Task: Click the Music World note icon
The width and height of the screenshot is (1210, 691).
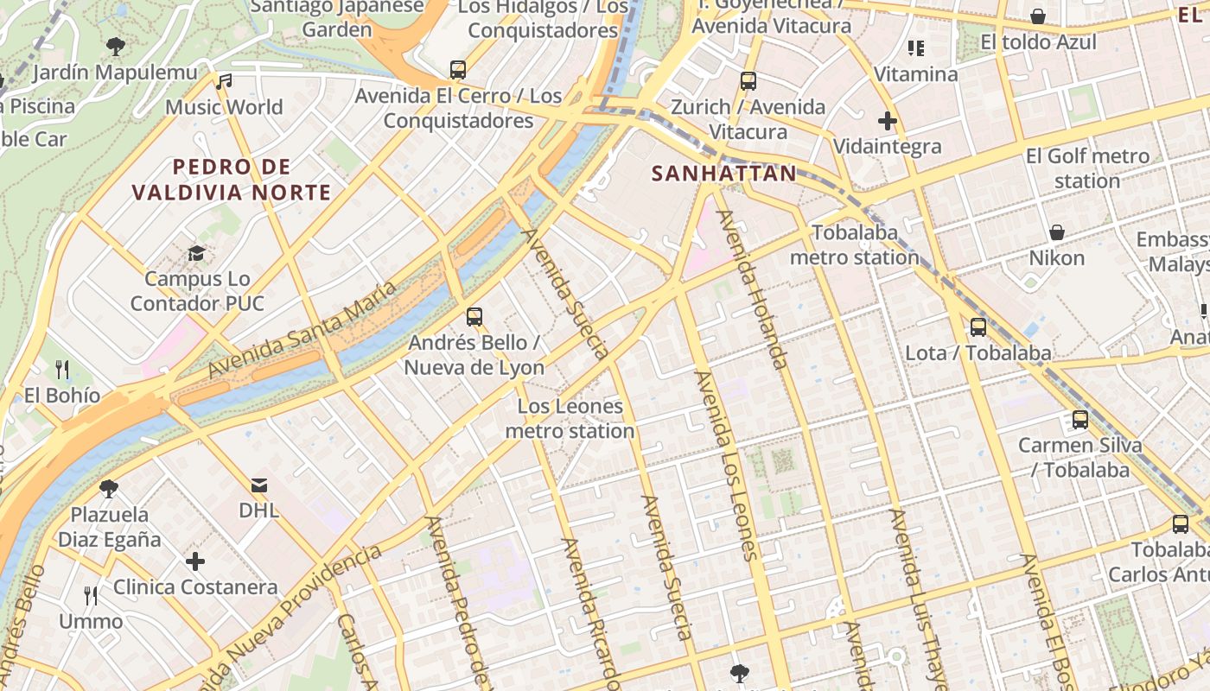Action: coord(225,81)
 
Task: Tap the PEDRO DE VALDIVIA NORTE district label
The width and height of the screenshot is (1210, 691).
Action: coord(231,180)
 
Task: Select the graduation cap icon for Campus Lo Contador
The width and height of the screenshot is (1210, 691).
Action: coord(197,253)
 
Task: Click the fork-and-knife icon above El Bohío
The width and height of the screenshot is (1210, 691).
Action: coord(62,370)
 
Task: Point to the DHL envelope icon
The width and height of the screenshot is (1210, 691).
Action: coord(259,485)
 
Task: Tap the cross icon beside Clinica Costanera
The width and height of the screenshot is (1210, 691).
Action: coord(195,561)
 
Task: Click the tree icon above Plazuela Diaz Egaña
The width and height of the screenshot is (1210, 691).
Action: coord(109,489)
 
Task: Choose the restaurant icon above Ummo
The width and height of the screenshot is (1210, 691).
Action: coord(91,595)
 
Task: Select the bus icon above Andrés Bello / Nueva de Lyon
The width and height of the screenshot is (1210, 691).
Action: coord(474,316)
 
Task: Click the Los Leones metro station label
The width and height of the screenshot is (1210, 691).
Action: coord(570,418)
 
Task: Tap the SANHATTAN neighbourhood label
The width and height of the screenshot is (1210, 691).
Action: coord(723,174)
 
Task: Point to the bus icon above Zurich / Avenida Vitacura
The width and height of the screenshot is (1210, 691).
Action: coord(748,81)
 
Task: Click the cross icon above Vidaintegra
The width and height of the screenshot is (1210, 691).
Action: coord(887,120)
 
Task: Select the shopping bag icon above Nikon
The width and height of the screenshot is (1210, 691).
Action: coord(1056,232)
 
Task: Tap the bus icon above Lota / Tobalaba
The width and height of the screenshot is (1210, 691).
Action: coord(978,326)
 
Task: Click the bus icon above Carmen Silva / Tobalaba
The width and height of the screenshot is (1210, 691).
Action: coord(1080,420)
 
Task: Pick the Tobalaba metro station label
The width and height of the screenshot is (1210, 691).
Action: coord(855,244)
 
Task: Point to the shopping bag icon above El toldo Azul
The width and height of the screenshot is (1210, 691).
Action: coord(1038,16)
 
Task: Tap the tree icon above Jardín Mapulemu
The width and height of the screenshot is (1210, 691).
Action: coord(115,47)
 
